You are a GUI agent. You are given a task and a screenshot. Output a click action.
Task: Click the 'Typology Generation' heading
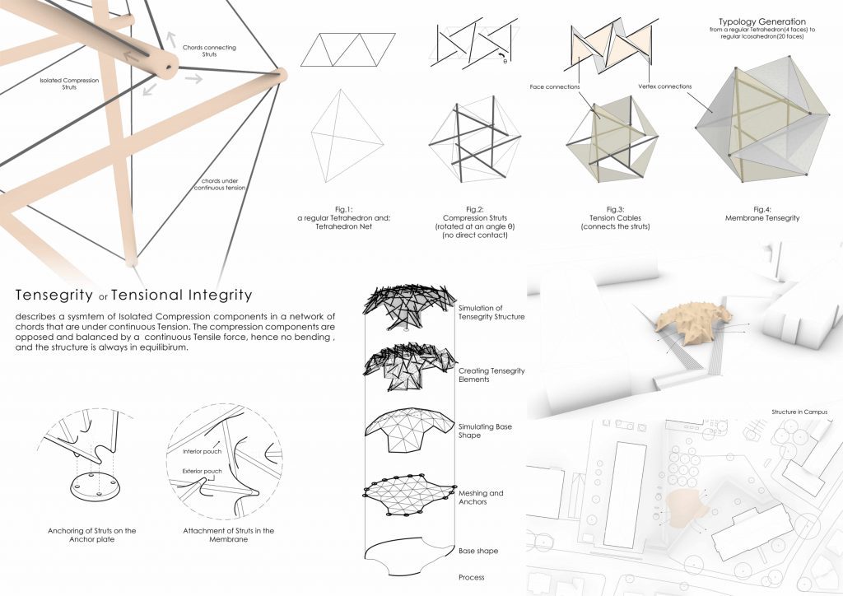(x=761, y=22)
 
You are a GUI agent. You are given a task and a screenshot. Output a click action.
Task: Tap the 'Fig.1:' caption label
(x=343, y=210)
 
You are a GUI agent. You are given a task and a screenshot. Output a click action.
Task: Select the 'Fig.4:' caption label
(x=761, y=210)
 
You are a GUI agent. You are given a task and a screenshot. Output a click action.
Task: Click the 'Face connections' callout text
(x=554, y=86)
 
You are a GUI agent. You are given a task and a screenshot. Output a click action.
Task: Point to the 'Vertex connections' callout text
(x=664, y=86)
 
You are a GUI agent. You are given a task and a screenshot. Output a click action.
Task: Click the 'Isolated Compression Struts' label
(x=69, y=83)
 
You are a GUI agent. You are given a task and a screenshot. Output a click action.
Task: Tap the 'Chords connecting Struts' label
(x=209, y=50)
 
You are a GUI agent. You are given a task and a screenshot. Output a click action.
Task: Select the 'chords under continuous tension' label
(x=220, y=184)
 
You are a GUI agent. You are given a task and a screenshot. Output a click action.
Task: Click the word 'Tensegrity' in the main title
(x=54, y=295)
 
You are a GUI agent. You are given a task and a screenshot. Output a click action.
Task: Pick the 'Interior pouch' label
(x=202, y=451)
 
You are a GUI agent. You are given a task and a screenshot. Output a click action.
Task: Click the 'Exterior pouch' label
(x=202, y=472)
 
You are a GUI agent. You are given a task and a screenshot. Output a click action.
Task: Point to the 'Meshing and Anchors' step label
(x=481, y=497)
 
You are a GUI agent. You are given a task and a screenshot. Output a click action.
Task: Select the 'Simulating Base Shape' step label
(x=485, y=431)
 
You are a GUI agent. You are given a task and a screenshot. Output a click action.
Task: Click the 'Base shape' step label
(x=478, y=551)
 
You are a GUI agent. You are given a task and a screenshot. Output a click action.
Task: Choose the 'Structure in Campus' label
(x=799, y=412)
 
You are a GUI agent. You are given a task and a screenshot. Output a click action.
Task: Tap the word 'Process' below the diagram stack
(x=471, y=577)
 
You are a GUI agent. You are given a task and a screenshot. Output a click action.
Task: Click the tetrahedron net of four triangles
(x=348, y=50)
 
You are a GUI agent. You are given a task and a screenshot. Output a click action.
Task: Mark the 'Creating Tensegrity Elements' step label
(x=491, y=375)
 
